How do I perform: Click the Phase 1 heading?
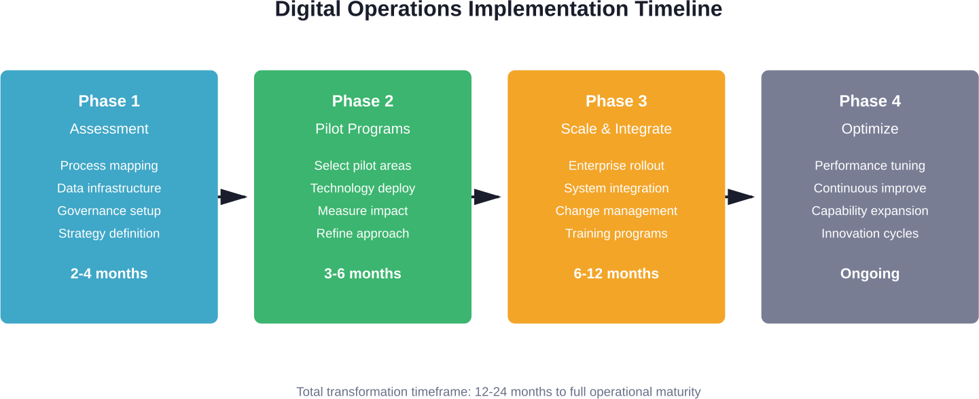(109, 101)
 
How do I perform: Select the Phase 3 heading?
(616, 101)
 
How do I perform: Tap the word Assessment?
(109, 129)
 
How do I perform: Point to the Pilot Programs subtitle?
(363, 129)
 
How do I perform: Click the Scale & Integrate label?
(616, 129)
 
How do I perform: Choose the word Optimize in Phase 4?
(870, 129)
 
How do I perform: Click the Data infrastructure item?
(109, 188)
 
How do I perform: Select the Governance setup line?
(109, 211)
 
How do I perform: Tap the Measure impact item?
(363, 211)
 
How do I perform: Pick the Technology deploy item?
(363, 188)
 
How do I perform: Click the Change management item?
(616, 211)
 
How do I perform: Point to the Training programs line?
(616, 233)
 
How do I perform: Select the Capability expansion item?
(870, 211)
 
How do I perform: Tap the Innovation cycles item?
(870, 233)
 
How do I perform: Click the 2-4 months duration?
(109, 273)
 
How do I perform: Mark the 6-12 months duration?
(616, 273)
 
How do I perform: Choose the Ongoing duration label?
(870, 273)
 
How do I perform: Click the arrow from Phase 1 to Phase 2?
(234, 197)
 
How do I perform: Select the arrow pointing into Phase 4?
(741, 197)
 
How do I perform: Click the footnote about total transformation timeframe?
(498, 392)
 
